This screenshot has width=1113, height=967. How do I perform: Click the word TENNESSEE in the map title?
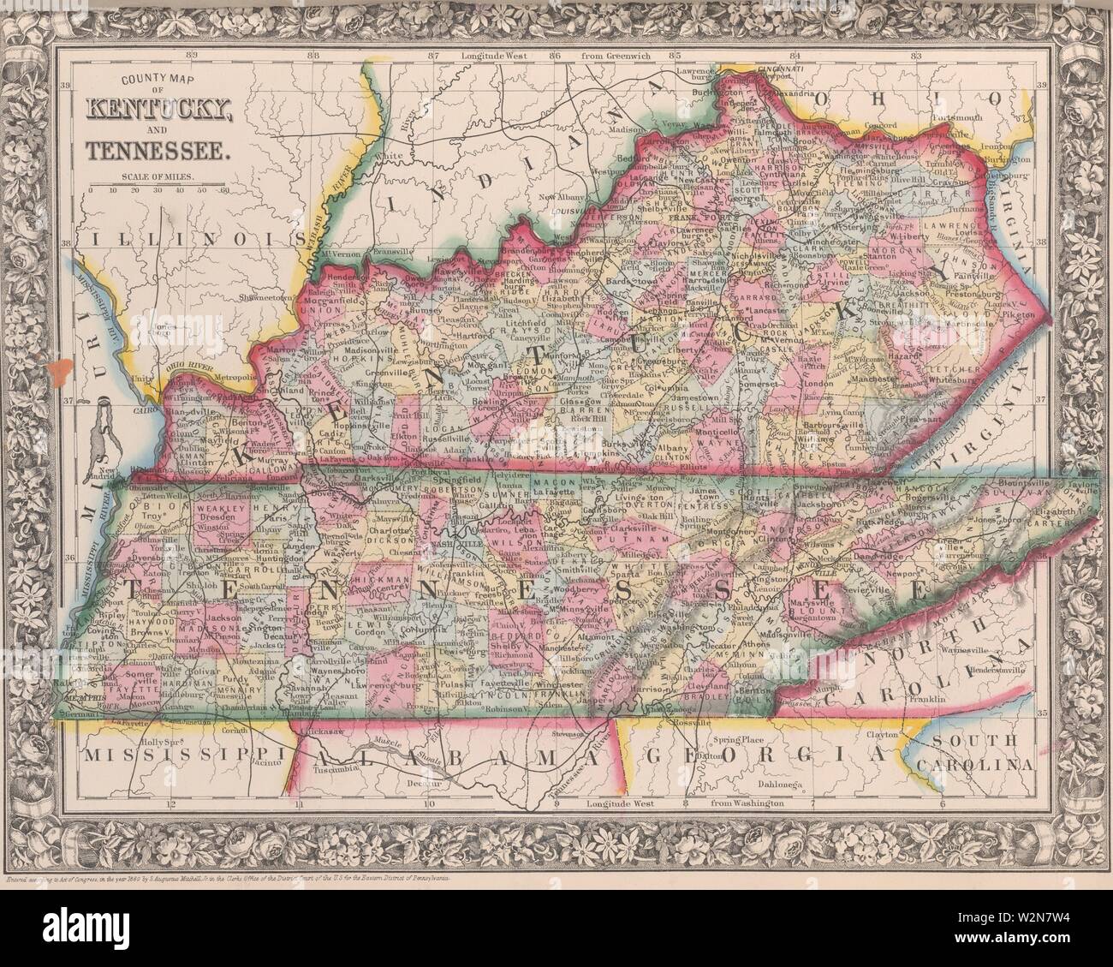[x=157, y=152]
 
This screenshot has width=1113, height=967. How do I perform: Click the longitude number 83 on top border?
[x=917, y=56]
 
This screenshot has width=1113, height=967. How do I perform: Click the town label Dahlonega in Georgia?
[x=781, y=784]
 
